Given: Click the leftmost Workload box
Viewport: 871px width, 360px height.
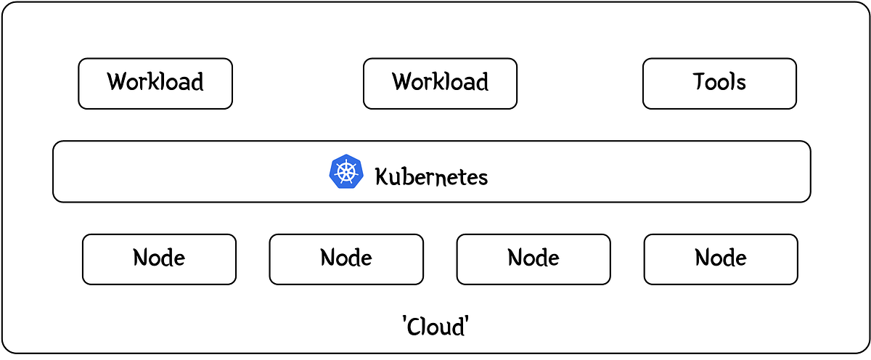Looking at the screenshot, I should [155, 83].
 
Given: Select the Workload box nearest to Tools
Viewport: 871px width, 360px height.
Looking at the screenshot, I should [440, 83].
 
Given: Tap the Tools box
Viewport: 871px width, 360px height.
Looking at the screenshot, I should [719, 83].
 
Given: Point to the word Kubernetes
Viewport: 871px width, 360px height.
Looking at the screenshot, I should [431, 176].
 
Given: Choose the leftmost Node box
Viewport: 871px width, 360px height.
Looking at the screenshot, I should [159, 259].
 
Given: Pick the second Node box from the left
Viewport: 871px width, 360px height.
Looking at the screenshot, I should [346, 259].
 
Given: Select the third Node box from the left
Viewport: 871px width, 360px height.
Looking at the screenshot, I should [533, 259].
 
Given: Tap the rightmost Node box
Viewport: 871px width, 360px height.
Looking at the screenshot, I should [721, 259].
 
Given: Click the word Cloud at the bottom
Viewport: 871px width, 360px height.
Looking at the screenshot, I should [435, 327].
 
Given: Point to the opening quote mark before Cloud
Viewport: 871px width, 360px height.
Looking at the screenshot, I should [404, 320].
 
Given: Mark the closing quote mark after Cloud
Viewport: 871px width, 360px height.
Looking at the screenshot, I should [465, 320].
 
